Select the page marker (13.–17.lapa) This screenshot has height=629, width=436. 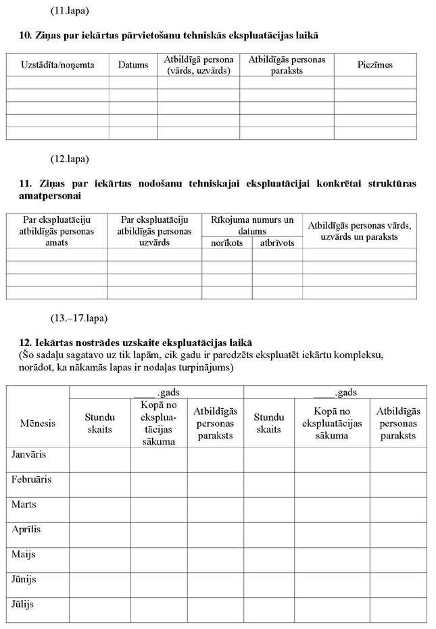tap(78, 318)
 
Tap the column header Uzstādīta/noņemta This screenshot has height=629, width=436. tap(57, 65)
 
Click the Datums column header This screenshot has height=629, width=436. tap(132, 65)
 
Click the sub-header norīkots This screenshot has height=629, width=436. tap(226, 243)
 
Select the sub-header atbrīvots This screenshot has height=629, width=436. tap(277, 243)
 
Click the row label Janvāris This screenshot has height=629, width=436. tap(31, 455)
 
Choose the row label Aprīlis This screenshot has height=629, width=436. tap(26, 529)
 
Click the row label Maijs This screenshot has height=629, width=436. tap(24, 554)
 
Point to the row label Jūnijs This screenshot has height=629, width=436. tap(24, 579)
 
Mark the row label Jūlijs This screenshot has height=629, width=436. tap(23, 604)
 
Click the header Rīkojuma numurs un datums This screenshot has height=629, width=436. tap(252, 225)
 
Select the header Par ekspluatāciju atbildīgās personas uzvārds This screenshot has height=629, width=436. tap(153, 231)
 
